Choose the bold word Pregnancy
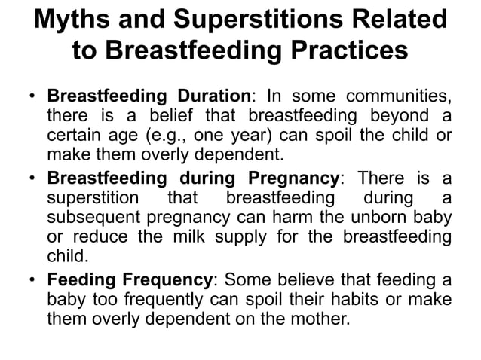point(293,178)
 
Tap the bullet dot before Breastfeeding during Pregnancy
point(32,179)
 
